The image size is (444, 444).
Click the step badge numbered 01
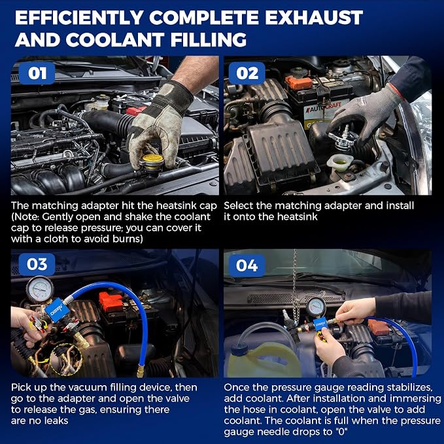point(37,73)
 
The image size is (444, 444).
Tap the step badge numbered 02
point(247,73)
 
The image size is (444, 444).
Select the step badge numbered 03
point(37,264)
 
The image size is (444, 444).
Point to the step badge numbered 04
point(247,265)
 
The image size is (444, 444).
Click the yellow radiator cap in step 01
point(152,162)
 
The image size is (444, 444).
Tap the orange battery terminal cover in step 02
point(298,82)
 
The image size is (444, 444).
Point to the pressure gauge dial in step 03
point(40,289)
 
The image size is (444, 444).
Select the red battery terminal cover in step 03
point(111,302)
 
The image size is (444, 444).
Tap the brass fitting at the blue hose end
point(140,371)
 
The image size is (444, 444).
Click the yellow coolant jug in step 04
point(264,360)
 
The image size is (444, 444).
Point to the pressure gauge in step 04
point(316,307)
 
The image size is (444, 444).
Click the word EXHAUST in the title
point(314,18)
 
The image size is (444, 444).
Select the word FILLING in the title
point(209,39)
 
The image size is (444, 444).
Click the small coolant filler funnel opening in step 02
point(341,162)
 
